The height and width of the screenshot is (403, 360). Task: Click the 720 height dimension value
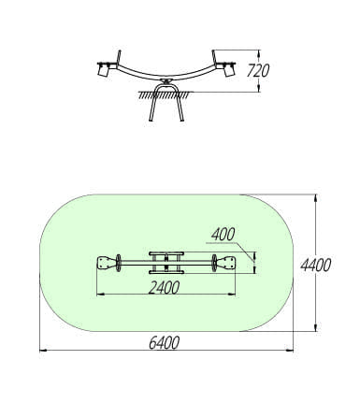(x=258, y=71)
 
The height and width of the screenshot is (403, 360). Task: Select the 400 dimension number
(x=223, y=235)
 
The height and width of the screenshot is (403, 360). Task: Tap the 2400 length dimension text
(x=164, y=287)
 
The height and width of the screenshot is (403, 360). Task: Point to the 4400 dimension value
(x=315, y=266)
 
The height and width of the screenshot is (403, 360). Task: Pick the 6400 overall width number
(x=164, y=343)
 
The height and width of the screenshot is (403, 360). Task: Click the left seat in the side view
(x=104, y=70)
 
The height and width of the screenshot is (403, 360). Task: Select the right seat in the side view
(x=228, y=70)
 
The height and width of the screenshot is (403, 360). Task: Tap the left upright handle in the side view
(x=119, y=58)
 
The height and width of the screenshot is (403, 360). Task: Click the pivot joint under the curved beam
(x=166, y=81)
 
